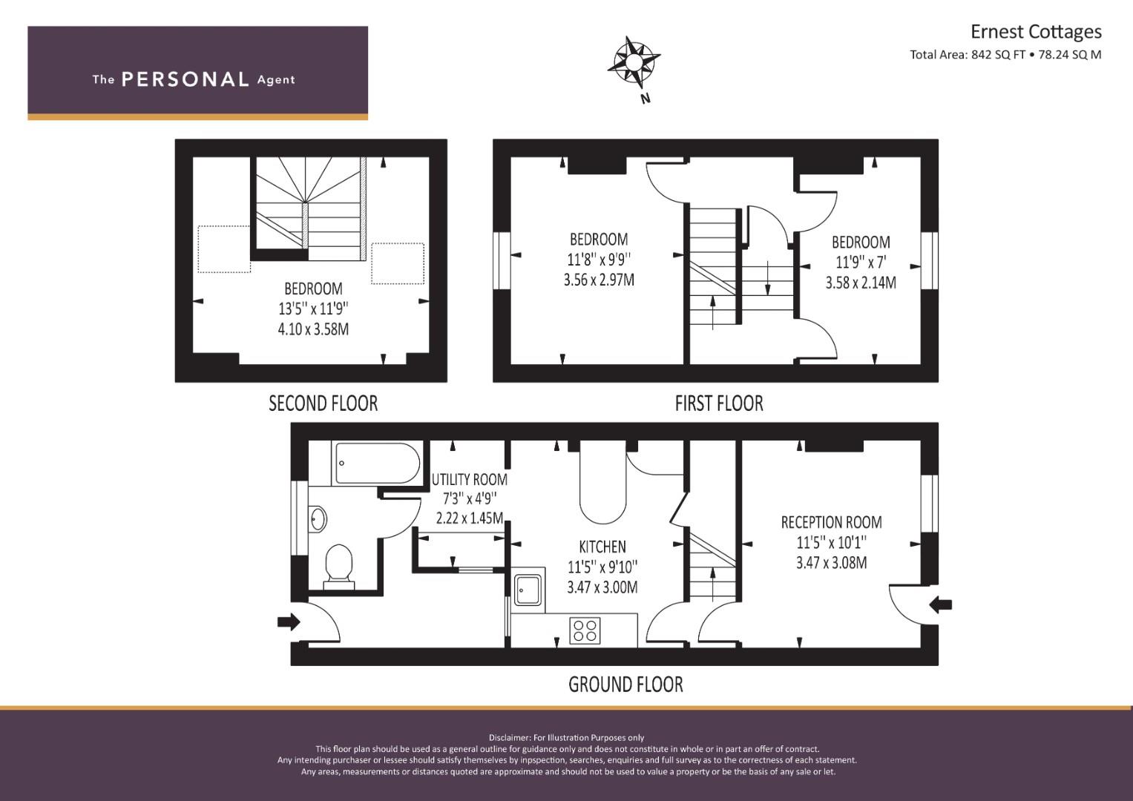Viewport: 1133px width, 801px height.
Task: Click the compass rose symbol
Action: [634, 63]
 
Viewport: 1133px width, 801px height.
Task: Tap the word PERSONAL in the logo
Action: [185, 79]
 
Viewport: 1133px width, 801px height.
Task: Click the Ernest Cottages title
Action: [1036, 32]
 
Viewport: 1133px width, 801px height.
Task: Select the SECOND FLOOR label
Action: [324, 403]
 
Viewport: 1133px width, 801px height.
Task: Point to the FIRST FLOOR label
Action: [719, 403]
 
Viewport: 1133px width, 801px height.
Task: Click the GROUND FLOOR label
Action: [625, 685]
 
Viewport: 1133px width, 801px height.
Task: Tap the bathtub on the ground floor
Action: [375, 464]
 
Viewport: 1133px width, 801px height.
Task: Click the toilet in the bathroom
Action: [339, 567]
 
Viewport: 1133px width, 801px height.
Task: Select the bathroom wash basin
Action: [317, 518]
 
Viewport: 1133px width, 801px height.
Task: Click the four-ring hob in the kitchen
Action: [585, 630]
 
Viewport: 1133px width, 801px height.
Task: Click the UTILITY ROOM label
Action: [470, 479]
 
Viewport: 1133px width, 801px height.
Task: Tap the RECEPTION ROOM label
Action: [832, 522]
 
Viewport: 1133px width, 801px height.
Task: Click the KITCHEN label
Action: [602, 547]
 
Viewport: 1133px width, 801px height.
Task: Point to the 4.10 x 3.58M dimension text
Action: [313, 330]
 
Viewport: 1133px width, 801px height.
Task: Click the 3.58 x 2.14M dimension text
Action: [861, 283]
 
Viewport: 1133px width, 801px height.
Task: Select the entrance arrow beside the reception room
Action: [941, 604]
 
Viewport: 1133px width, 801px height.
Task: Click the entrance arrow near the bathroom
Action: [289, 622]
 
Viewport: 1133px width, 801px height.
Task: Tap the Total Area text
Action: [1005, 55]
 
